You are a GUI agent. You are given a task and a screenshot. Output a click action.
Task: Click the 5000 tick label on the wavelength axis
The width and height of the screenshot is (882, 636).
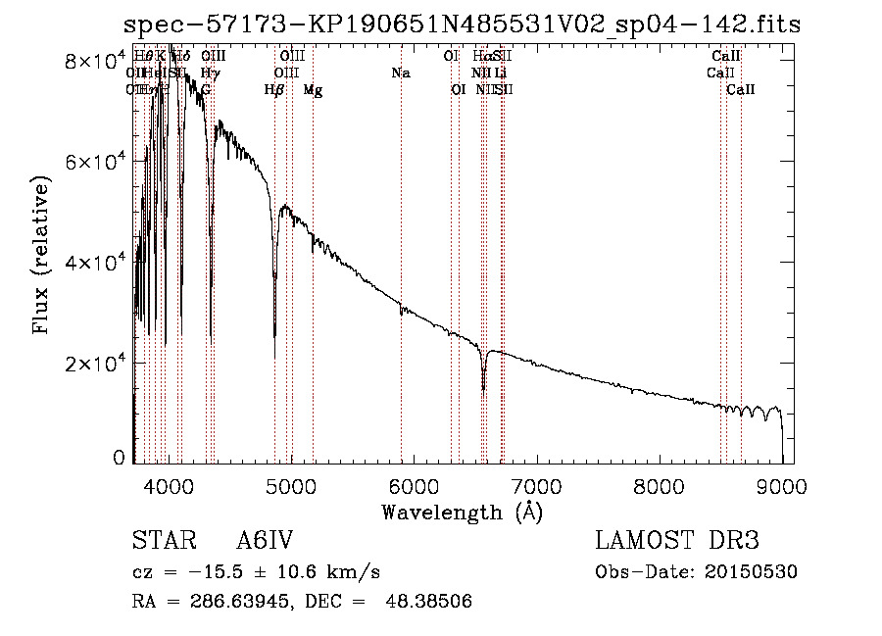(290, 485)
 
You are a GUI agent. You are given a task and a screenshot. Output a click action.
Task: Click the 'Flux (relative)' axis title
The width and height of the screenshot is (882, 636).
(41, 257)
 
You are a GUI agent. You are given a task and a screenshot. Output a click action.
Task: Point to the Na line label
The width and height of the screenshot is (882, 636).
(400, 73)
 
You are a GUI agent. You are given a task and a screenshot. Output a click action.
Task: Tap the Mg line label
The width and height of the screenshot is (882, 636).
(313, 90)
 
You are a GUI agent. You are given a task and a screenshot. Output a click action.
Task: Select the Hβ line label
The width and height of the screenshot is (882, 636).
(274, 90)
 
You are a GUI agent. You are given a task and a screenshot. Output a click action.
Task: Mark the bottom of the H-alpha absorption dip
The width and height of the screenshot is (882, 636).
(483, 389)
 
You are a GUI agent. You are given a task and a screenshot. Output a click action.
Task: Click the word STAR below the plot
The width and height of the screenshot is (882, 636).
(161, 541)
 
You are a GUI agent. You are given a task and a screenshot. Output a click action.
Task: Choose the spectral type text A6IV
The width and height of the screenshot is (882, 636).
(265, 541)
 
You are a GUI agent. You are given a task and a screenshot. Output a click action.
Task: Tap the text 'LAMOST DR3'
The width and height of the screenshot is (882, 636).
(677, 541)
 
